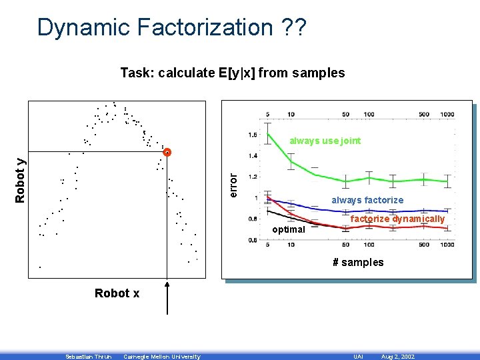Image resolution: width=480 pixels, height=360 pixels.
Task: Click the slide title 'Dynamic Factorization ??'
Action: tap(172, 28)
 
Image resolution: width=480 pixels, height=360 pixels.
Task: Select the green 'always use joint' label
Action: tap(325, 141)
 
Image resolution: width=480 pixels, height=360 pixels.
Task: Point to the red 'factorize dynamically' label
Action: tap(397, 219)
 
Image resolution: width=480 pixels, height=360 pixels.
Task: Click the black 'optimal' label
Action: tap(289, 229)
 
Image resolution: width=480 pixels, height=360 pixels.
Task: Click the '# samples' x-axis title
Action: tap(358, 262)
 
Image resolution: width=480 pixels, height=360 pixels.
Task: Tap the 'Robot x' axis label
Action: tap(117, 293)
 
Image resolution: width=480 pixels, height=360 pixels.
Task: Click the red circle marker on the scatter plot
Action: tap(167, 152)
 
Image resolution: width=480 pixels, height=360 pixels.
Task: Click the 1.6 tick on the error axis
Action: tap(252, 135)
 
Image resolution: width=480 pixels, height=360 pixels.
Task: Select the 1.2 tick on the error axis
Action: tap(252, 177)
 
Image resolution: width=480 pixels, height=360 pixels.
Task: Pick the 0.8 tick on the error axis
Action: tap(252, 219)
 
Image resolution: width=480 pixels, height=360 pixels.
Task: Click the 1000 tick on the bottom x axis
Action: tap(447, 245)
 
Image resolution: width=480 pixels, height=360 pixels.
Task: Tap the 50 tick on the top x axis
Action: tap(345, 114)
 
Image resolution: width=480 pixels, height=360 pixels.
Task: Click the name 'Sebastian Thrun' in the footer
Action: tap(85, 357)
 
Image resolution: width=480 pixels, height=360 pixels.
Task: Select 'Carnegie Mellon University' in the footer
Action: tap(161, 357)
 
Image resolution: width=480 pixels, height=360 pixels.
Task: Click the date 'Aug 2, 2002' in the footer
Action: tap(397, 357)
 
